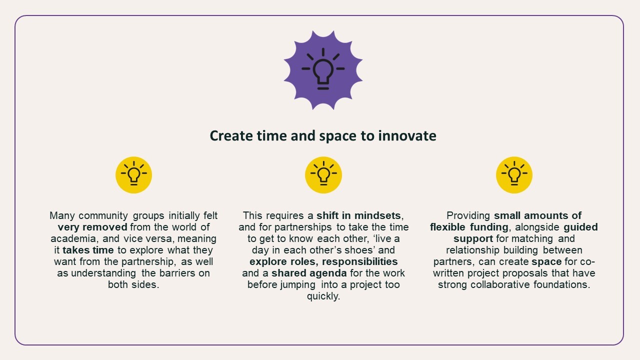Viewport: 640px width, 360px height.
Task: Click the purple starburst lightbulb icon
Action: [x=323, y=70]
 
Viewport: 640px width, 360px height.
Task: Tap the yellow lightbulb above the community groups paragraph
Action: [x=133, y=174]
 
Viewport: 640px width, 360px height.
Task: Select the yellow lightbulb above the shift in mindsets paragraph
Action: [x=323, y=174]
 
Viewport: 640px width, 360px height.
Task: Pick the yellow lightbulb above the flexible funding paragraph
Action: [x=514, y=174]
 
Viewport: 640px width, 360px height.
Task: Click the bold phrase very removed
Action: [x=92, y=227]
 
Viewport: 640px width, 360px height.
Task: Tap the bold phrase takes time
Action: [x=88, y=250]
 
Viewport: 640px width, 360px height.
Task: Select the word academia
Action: [x=72, y=238]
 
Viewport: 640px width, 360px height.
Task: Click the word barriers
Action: [x=177, y=273]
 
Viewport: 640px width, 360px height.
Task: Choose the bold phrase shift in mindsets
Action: [x=358, y=215]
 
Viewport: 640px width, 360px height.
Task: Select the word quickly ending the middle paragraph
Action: [x=323, y=296]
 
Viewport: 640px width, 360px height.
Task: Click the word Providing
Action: [x=468, y=215]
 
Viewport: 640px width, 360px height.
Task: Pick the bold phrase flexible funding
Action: [x=469, y=227]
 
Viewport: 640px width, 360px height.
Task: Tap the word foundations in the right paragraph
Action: [x=562, y=284]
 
